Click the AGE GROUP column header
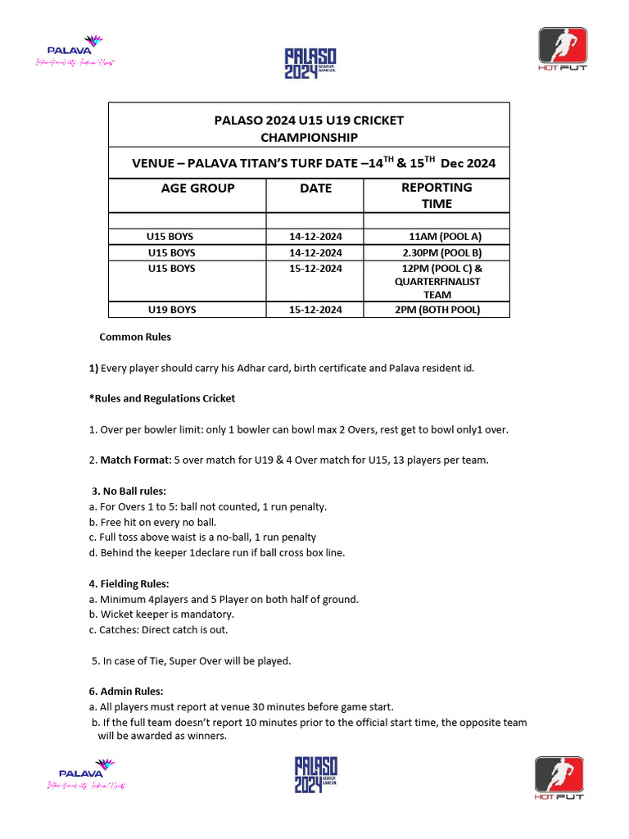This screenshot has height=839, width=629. [x=197, y=188]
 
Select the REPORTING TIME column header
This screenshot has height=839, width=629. [x=436, y=195]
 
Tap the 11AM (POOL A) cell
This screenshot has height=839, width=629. [x=445, y=237]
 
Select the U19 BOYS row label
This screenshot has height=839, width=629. [x=171, y=310]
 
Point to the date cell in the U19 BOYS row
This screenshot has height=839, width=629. [x=315, y=310]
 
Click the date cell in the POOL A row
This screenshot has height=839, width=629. [x=315, y=237]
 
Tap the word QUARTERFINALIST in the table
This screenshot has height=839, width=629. [x=437, y=281]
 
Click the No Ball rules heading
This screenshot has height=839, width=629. [x=129, y=491]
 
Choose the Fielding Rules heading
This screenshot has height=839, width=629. [x=129, y=583]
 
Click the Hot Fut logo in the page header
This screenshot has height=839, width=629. [x=562, y=49]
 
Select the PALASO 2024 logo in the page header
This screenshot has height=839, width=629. [x=310, y=62]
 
